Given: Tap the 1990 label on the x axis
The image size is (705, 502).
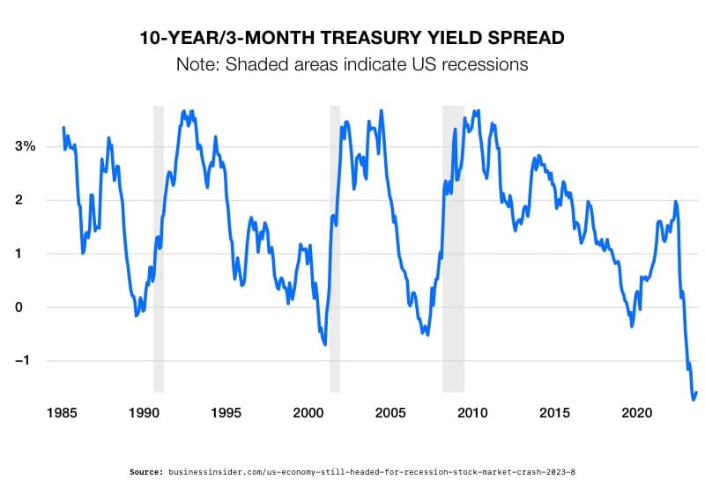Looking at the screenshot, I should click(x=144, y=412).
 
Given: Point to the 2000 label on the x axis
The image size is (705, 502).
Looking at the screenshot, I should click(x=308, y=412).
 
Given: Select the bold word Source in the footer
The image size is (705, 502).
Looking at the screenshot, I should click(x=146, y=472).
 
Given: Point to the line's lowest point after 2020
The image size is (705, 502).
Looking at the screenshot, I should click(x=694, y=399).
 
